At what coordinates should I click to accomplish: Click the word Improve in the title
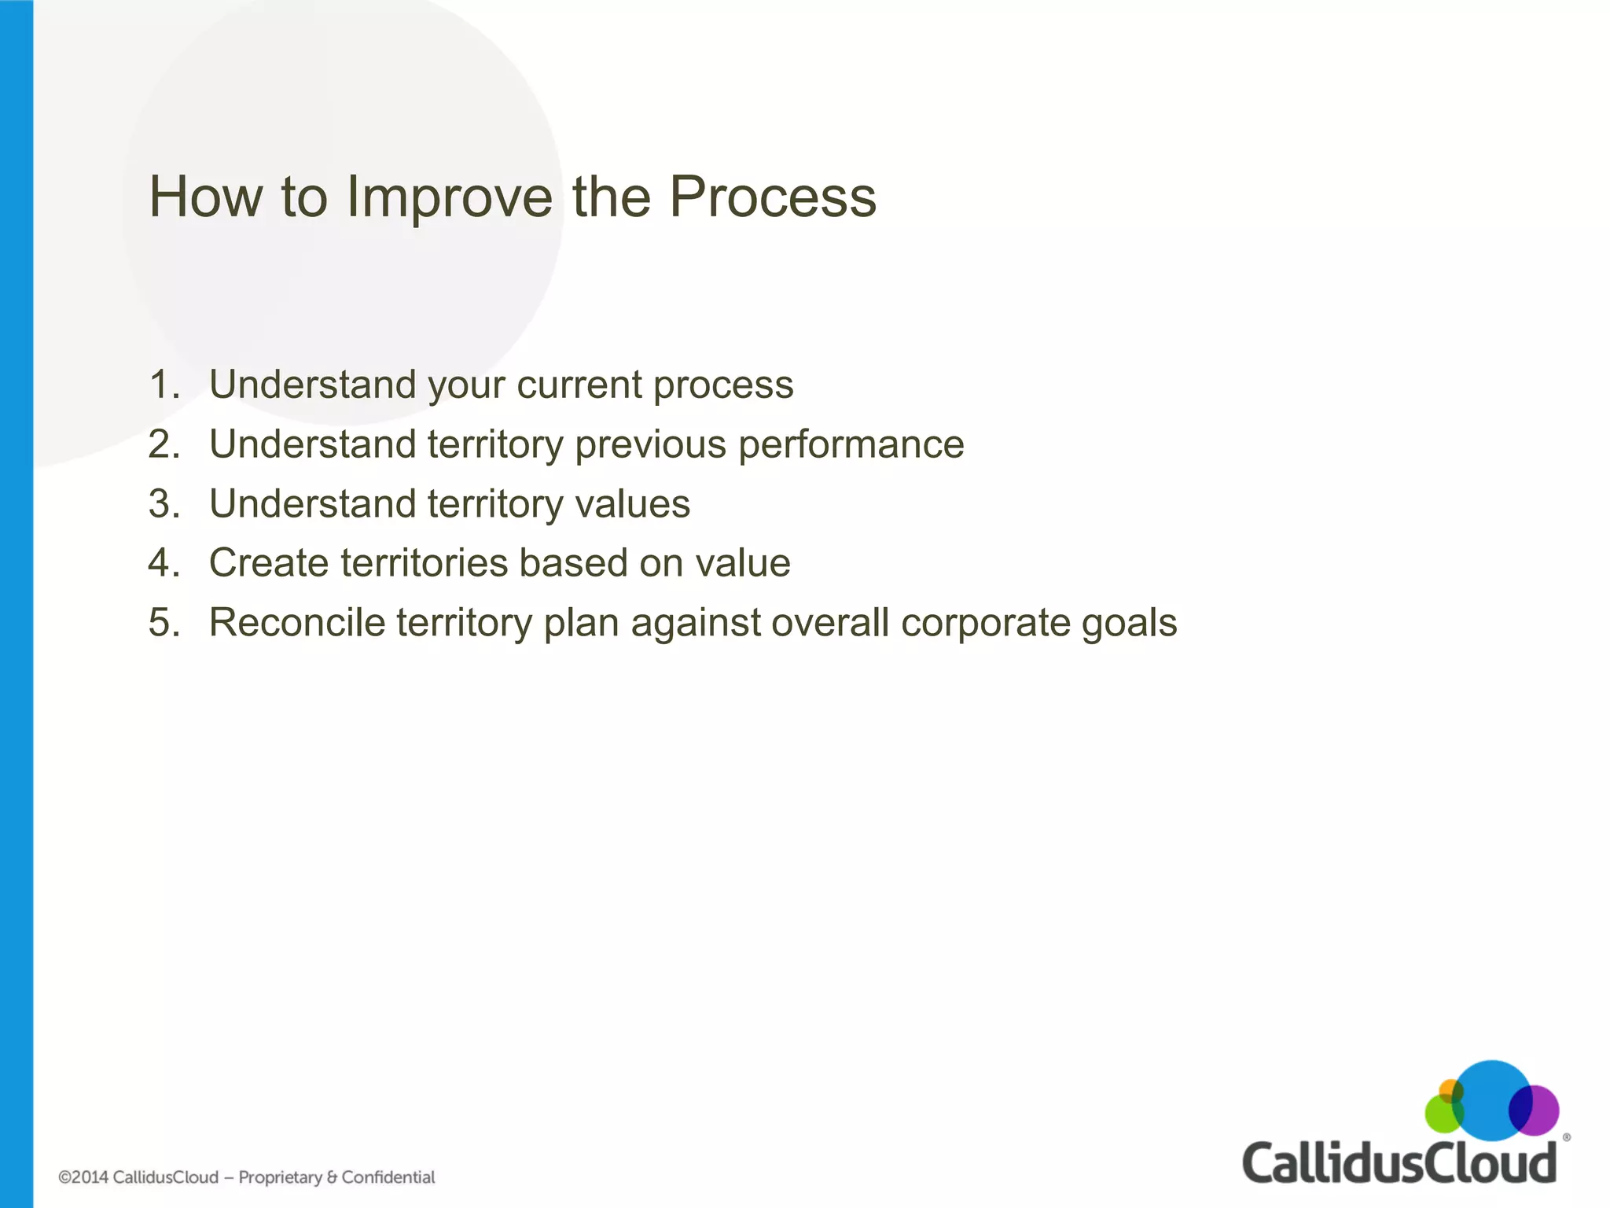[450, 197]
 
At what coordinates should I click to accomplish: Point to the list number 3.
[164, 504]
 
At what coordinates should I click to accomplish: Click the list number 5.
[164, 623]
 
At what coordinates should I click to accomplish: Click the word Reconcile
[296, 623]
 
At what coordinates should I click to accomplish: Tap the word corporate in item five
[985, 623]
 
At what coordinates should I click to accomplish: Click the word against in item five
[695, 623]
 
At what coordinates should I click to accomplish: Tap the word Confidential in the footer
[388, 1177]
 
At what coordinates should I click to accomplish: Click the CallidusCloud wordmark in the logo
[1399, 1163]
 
